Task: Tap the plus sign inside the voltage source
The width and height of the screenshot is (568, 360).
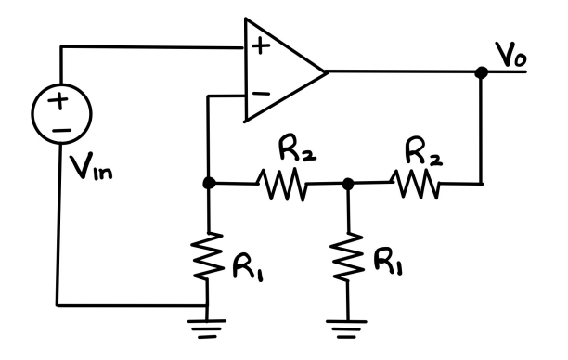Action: tap(58, 101)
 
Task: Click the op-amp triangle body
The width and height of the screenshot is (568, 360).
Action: tap(278, 72)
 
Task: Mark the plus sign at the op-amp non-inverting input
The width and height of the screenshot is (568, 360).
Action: tap(262, 48)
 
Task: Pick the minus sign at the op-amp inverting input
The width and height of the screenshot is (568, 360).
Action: tap(262, 94)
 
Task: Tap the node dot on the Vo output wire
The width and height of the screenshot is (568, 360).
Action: tap(482, 72)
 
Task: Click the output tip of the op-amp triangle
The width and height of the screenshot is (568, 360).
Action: tap(326, 72)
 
